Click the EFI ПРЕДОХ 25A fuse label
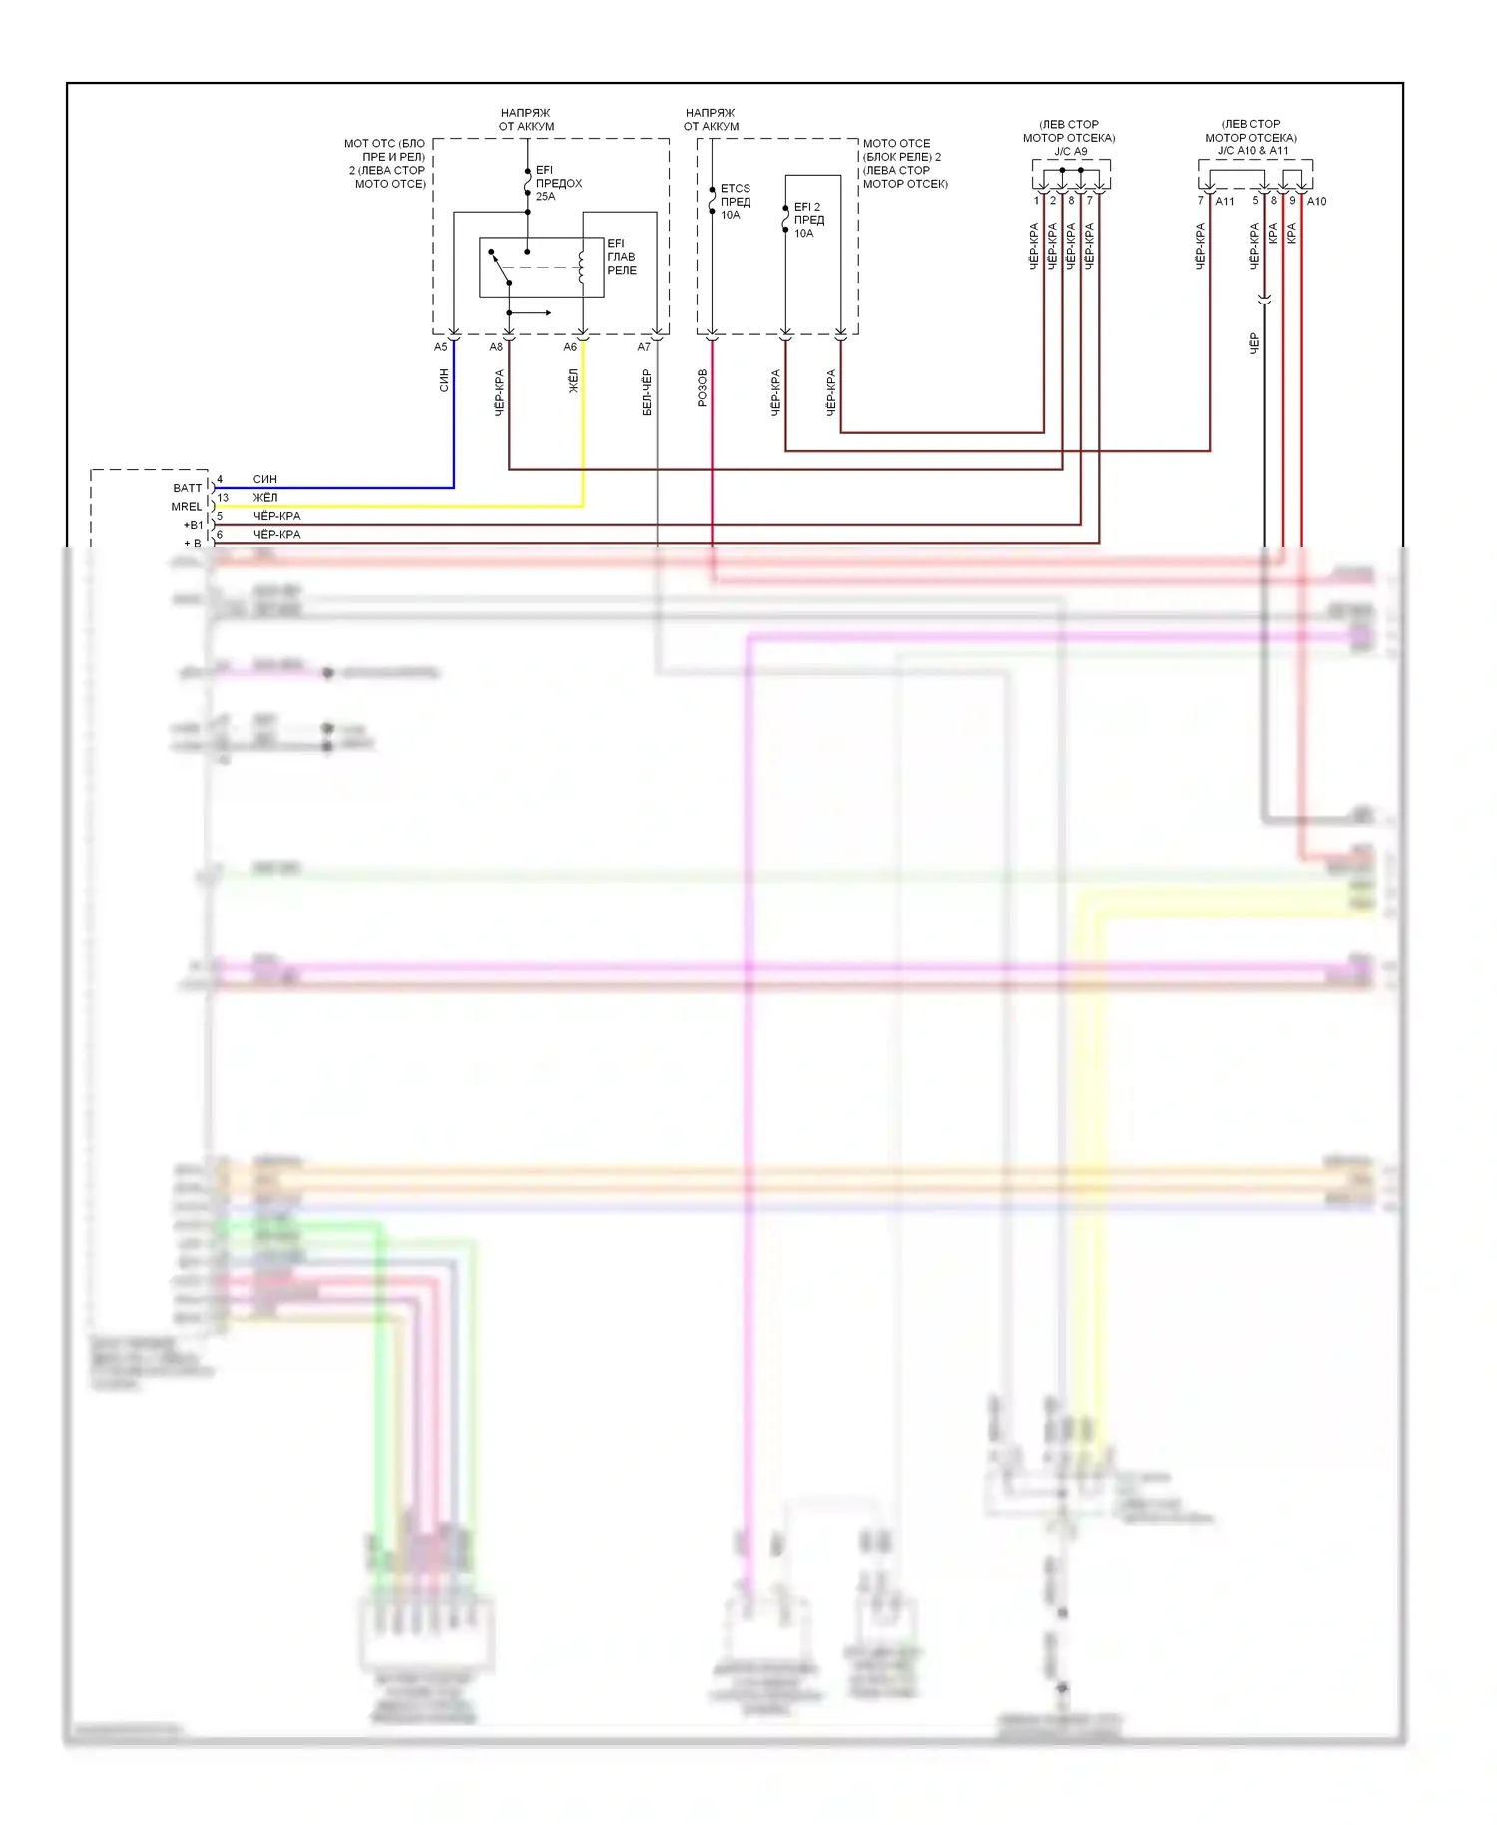click(558, 183)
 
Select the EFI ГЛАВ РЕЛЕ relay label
click(621, 257)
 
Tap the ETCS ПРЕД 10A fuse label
click(735, 201)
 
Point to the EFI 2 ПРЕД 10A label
click(808, 220)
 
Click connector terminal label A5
click(441, 347)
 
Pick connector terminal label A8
click(496, 347)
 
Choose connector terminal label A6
click(570, 347)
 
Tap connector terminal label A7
click(644, 347)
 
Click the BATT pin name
click(187, 488)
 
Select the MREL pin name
click(186, 507)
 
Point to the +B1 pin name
click(193, 525)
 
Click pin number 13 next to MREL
click(223, 498)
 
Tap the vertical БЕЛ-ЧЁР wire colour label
click(647, 392)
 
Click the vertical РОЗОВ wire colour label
click(702, 387)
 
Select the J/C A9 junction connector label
click(1070, 152)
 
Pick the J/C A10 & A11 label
click(1252, 151)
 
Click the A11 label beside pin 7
click(1225, 202)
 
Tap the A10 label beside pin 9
click(1317, 202)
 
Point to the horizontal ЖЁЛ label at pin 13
click(265, 498)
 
